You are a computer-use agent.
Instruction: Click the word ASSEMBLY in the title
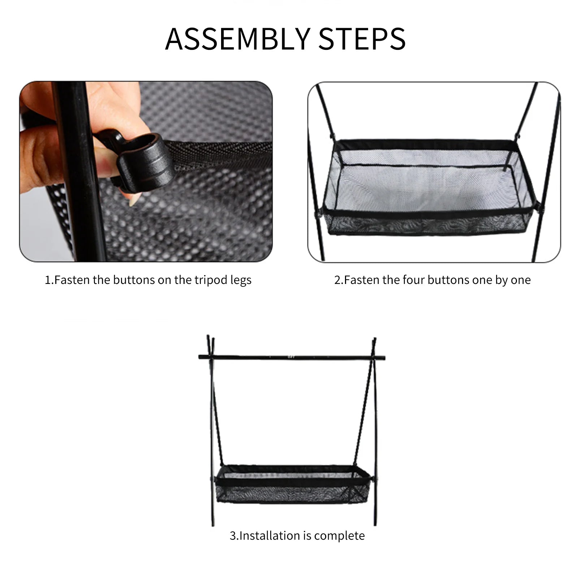[x=237, y=39]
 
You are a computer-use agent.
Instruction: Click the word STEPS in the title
[x=362, y=39]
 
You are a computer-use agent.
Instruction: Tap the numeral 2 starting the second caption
[x=337, y=280]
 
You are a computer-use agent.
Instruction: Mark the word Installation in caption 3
[x=275, y=536]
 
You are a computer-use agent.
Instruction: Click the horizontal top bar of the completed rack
[x=292, y=357]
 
